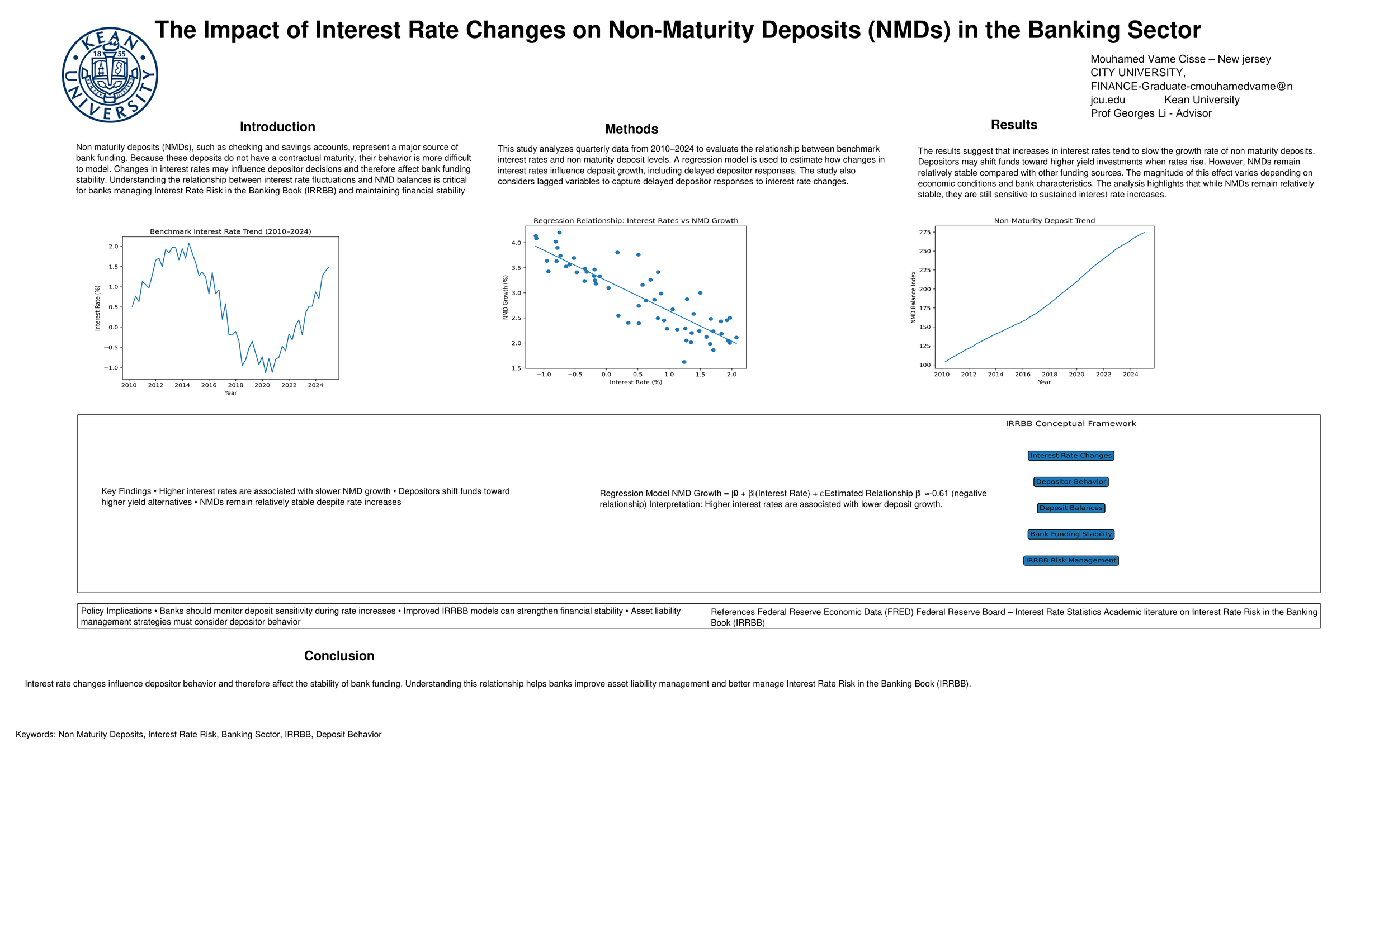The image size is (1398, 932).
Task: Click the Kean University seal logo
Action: point(110,75)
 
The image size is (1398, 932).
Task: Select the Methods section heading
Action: point(631,130)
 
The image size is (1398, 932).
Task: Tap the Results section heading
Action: point(1013,125)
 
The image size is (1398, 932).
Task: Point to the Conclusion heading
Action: point(339,656)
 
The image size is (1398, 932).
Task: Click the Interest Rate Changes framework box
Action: point(1070,456)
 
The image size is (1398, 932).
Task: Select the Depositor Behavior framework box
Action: point(1070,482)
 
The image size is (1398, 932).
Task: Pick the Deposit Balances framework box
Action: point(1070,508)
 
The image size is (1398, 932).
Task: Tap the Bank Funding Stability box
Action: point(1070,534)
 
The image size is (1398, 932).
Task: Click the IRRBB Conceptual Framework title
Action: point(1070,424)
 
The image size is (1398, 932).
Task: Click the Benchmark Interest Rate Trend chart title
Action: point(230,232)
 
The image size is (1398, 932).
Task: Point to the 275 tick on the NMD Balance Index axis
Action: point(924,233)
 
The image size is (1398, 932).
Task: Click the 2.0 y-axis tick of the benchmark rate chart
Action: point(113,246)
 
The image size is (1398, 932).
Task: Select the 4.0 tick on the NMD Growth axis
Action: point(516,243)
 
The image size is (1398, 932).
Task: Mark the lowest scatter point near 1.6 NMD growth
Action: point(683,362)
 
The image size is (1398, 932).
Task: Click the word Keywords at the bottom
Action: point(35,735)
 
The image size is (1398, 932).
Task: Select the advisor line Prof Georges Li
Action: point(1150,113)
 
